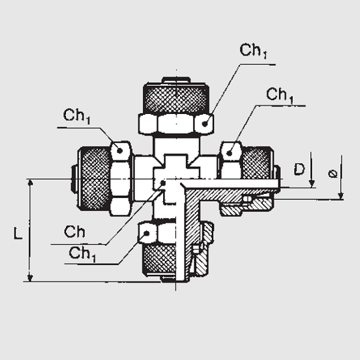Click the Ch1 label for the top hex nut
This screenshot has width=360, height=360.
pyautogui.click(x=253, y=50)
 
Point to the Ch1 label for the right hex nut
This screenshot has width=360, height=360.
pyautogui.click(x=280, y=95)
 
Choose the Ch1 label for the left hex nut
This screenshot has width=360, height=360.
pyautogui.click(x=77, y=116)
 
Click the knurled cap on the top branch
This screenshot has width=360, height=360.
pyautogui.click(x=175, y=96)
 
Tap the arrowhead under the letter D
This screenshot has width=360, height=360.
pyautogui.click(x=311, y=183)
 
